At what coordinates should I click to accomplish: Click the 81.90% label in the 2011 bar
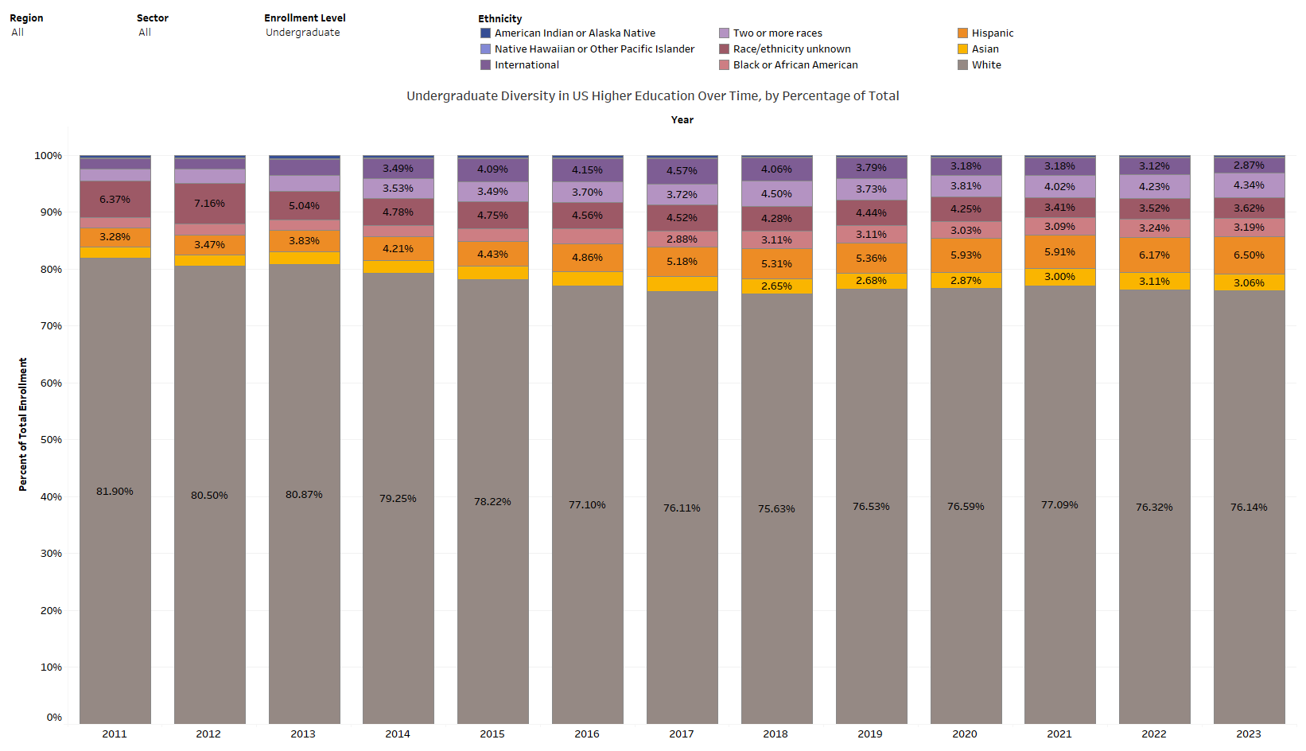pos(115,492)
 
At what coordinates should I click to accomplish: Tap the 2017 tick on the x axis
pos(682,733)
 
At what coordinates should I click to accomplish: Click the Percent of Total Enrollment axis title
pos(23,424)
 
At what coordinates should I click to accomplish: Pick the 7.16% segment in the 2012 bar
pos(209,204)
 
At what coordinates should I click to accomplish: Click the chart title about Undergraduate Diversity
pos(652,96)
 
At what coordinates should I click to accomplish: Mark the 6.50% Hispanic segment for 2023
pos(1249,255)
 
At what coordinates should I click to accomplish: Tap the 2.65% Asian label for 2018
pos(776,286)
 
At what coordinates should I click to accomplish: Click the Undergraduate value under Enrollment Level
pos(302,33)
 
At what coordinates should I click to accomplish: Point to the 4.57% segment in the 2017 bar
pos(682,171)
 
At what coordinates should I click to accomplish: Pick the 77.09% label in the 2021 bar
pos(1059,505)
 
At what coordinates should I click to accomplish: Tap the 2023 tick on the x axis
pos(1249,733)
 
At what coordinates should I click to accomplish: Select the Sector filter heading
pos(153,18)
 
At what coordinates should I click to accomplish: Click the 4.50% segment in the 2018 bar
pos(776,194)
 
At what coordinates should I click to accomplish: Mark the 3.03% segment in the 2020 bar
pos(966,231)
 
